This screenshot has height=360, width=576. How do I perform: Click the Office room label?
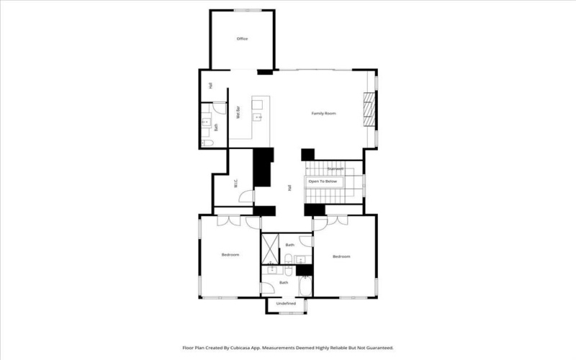pos(242,38)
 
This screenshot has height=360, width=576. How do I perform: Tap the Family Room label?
pos(323,114)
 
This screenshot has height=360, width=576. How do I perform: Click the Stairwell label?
pos(335,168)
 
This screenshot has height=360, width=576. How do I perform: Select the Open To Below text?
pos(323,181)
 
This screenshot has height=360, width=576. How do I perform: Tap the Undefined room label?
pos(286,304)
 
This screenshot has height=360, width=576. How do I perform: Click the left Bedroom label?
pos(230,255)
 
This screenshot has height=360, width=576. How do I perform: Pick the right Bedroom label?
pos(341,256)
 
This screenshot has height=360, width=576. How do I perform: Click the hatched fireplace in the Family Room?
pos(369,109)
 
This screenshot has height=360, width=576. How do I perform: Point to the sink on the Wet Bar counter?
pos(257,116)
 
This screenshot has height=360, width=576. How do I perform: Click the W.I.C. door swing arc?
pos(246,197)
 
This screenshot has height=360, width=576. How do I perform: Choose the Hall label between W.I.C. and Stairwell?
pos(289,188)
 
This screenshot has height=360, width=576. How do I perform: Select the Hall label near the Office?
pos(210,86)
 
